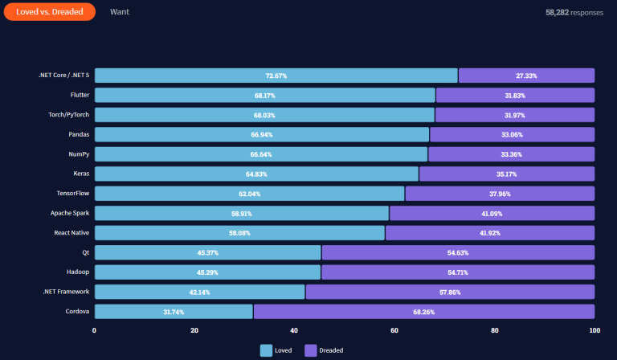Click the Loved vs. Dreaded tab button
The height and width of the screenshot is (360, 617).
click(x=50, y=12)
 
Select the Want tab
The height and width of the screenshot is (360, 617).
click(x=119, y=12)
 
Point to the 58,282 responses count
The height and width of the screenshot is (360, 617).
click(x=573, y=13)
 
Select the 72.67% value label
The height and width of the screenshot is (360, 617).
click(x=276, y=76)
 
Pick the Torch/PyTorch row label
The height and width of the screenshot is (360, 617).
click(x=68, y=114)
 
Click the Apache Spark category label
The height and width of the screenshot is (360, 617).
click(x=70, y=213)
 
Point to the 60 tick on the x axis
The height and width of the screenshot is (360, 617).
click(x=394, y=330)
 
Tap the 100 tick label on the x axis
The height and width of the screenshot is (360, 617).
click(x=595, y=330)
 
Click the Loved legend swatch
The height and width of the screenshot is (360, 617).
click(x=266, y=350)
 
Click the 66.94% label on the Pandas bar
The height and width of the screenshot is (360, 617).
click(x=261, y=134)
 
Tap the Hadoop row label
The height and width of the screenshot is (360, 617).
click(x=77, y=272)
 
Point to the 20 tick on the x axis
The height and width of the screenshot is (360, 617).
click(x=194, y=330)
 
